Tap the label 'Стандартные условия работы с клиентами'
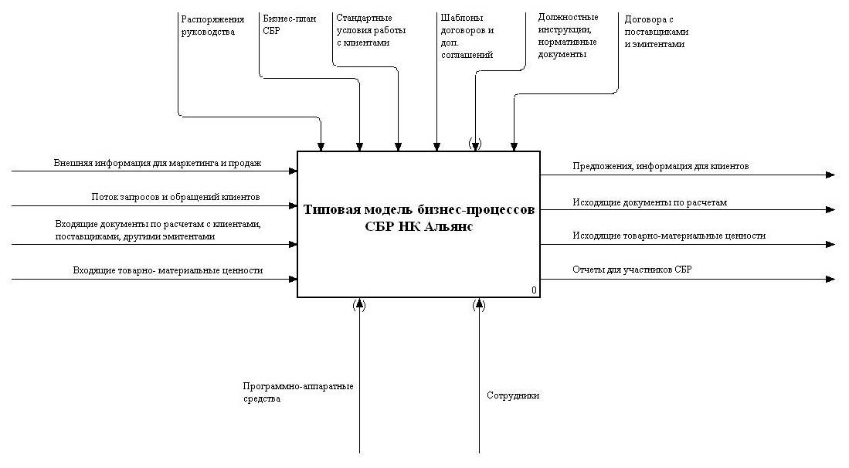(364, 30)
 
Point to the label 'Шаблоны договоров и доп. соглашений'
(467, 36)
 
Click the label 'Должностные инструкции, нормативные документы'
(568, 36)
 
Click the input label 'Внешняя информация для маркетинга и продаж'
(158, 163)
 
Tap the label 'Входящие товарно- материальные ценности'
(168, 270)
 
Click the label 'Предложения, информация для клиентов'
(660, 165)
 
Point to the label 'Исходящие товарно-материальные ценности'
(669, 236)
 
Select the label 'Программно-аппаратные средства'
(297, 392)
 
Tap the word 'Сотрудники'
(513, 395)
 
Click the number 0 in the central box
(534, 290)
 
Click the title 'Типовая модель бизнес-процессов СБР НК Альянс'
(418, 217)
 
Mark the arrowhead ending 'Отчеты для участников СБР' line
(830, 279)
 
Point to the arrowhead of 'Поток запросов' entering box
(293, 206)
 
